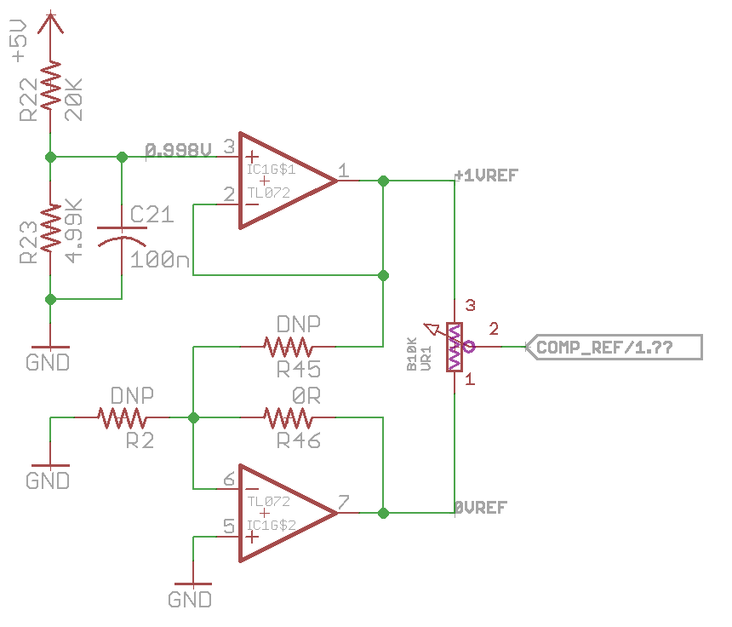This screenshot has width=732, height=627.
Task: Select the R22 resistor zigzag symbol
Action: (50, 85)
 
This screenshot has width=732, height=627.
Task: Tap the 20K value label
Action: (74, 100)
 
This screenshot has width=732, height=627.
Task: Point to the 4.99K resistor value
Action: (74, 231)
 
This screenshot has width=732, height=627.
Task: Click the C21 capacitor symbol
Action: (122, 237)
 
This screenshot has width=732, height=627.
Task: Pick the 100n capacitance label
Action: (160, 260)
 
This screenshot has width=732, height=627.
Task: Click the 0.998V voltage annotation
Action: (179, 151)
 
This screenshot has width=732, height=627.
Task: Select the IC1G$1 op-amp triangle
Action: (288, 181)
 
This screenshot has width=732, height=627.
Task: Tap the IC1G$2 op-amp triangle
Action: (288, 513)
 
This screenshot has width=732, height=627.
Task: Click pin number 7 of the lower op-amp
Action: (344, 503)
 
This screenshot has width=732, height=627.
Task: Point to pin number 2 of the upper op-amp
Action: (229, 194)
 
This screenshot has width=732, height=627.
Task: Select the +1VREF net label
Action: (487, 175)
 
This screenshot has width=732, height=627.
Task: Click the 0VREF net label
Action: (481, 508)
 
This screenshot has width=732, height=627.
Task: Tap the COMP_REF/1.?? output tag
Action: (614, 347)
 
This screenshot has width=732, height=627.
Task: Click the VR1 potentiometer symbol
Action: (455, 347)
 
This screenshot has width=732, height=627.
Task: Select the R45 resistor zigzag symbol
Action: (288, 347)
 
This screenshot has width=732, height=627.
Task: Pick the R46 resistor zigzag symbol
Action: (288, 417)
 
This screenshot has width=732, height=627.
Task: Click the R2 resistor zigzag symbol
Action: (122, 417)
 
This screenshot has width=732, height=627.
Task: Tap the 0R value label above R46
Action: (306, 396)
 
